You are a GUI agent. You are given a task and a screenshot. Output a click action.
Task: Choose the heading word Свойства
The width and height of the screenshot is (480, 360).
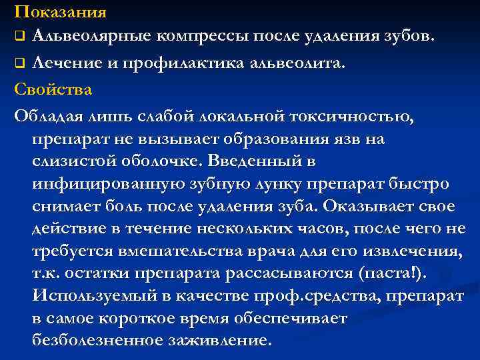pos(53,89)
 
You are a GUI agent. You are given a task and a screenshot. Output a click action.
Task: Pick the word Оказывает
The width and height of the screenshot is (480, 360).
pos(380,206)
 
